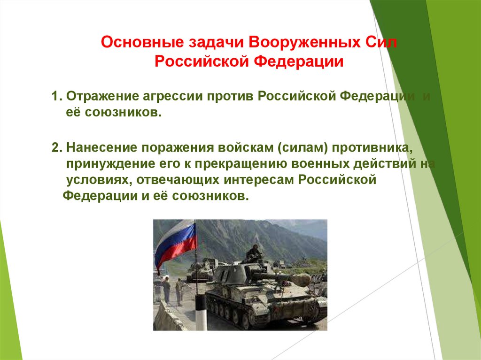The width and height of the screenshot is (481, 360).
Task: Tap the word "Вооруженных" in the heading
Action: [x=303, y=43]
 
